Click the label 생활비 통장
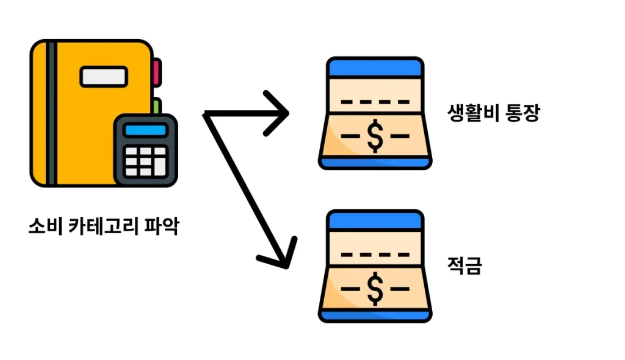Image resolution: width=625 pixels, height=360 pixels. tap(493, 114)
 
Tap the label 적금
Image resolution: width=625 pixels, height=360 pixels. tap(464, 266)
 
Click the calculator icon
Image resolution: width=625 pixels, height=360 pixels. tap(146, 150)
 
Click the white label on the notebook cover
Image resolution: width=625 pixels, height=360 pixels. tap(104, 76)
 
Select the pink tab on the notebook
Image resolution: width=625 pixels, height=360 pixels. tap(156, 72)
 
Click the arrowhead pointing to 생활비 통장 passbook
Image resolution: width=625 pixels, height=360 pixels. tap(278, 113)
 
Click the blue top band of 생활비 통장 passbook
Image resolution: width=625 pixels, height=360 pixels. tap(375, 67)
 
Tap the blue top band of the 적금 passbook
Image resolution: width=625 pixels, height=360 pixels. tap(375, 220)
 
